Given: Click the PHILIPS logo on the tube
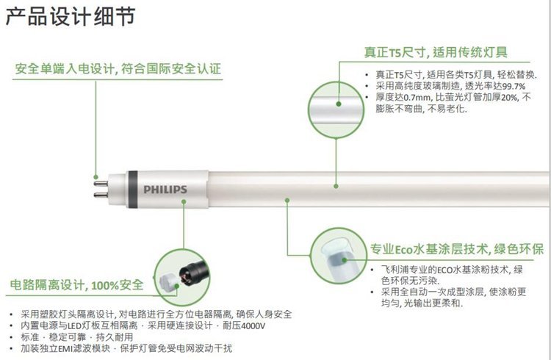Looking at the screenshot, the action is point(165,190).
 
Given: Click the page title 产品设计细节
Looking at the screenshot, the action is point(71,16).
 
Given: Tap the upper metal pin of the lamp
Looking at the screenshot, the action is point(101,183).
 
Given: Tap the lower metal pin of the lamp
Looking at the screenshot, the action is point(101,195).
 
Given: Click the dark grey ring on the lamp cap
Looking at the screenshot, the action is point(132,190).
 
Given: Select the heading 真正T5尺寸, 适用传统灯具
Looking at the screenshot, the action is point(436,52).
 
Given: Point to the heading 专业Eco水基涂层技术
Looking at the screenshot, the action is point(428,249).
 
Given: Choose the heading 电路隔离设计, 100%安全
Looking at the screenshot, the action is point(76,285).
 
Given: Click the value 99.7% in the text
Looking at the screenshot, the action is point(514,87).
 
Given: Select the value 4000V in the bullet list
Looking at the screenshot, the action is point(253,326).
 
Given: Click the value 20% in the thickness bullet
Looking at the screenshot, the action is point(509,98).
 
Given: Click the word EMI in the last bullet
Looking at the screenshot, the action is point(65,349).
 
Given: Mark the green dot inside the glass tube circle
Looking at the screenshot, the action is point(339,104).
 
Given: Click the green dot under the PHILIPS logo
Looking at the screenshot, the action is point(184,201).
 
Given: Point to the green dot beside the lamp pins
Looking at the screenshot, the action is point(96,177).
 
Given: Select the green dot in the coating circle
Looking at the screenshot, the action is point(345,260).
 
